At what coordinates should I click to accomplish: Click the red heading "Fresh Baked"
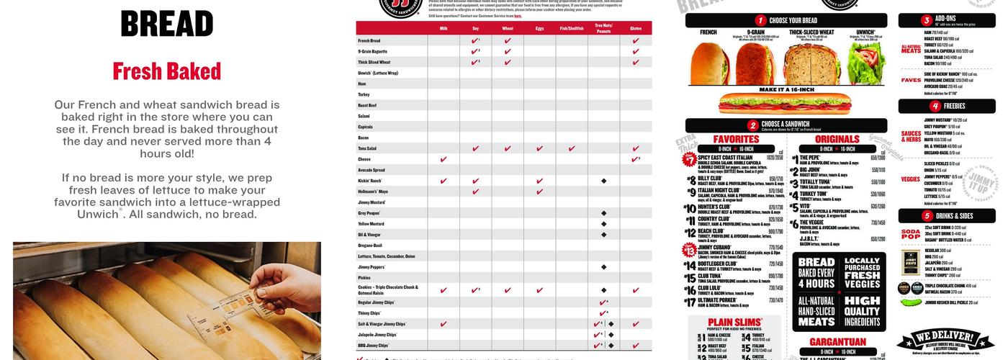pyautogui.click(x=167, y=71)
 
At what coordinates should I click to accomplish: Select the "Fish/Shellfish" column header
pyautogui.click(x=571, y=28)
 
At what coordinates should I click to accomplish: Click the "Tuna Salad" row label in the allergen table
pyautogui.click(x=369, y=148)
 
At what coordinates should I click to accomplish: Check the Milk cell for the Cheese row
pyautogui.click(x=443, y=159)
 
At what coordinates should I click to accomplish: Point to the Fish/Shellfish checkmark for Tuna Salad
pyautogui.click(x=571, y=148)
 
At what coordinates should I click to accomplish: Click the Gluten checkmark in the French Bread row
pyautogui.click(x=636, y=41)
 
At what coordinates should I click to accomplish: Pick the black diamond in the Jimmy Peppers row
pyautogui.click(x=603, y=266)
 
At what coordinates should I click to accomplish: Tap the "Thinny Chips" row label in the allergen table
pyautogui.click(x=369, y=313)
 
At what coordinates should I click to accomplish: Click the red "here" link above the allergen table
pyautogui.click(x=518, y=15)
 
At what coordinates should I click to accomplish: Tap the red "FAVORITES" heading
pyautogui.click(x=736, y=139)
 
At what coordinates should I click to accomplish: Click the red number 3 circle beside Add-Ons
pyautogui.click(x=927, y=20)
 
